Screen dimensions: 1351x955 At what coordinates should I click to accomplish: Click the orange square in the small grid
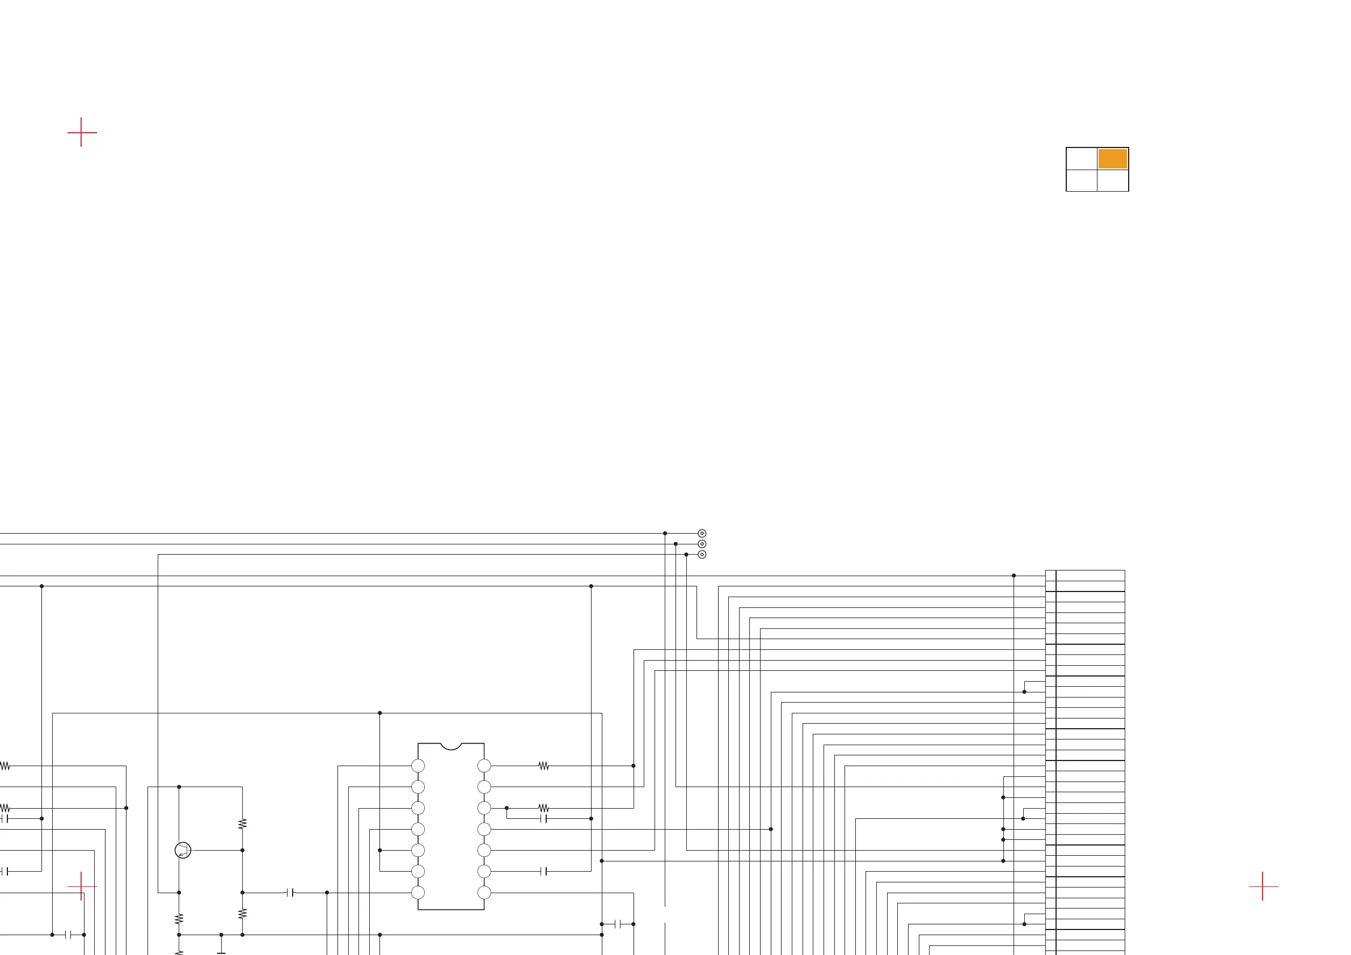click(1112, 159)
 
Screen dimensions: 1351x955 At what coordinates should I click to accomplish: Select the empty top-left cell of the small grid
click(1082, 159)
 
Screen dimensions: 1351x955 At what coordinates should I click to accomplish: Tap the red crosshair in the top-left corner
click(81, 132)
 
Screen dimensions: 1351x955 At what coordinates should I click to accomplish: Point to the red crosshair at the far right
click(1262, 886)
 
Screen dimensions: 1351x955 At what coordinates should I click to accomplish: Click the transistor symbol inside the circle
click(183, 850)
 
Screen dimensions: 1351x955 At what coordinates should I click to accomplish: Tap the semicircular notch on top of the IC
click(451, 746)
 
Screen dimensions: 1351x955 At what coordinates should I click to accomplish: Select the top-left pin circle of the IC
click(418, 766)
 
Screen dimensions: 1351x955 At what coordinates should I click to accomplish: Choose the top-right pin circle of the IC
click(484, 766)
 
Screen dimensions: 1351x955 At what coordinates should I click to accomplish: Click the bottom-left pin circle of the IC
click(418, 893)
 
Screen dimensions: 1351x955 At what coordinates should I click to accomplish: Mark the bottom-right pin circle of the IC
click(484, 893)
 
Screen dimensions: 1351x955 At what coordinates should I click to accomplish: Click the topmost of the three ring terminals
click(702, 533)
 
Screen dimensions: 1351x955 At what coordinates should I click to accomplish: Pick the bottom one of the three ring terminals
click(702, 554)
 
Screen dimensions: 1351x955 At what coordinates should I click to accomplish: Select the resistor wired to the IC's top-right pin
click(544, 766)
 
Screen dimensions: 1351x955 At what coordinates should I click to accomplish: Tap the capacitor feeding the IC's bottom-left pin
click(290, 893)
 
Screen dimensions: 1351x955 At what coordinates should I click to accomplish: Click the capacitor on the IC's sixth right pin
click(544, 872)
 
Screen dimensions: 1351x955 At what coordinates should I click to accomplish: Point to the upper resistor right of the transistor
click(242, 824)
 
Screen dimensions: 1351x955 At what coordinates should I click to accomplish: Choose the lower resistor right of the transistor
click(242, 914)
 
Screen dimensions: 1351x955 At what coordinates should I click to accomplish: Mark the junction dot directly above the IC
click(380, 713)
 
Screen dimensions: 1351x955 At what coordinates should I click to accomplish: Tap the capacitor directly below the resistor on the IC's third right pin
click(544, 818)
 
